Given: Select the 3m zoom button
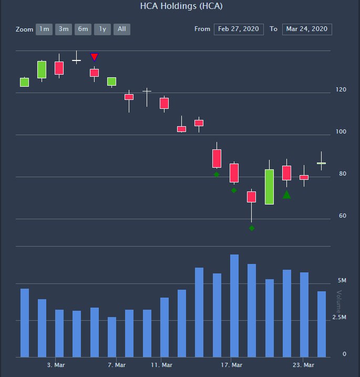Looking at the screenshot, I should (x=64, y=29).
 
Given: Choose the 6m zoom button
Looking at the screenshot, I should (x=83, y=29).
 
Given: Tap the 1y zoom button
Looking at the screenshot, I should (x=102, y=29).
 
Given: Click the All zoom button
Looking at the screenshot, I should (x=122, y=29).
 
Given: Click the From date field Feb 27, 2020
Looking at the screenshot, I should (x=239, y=29).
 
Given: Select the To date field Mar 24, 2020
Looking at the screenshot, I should (x=307, y=29).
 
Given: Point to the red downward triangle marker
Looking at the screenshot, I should (x=94, y=57).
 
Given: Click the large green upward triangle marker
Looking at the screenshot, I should (x=286, y=195).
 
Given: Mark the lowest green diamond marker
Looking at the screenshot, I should (x=252, y=228).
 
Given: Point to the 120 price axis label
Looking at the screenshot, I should (x=341, y=90).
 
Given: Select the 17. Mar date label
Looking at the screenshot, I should (x=232, y=365).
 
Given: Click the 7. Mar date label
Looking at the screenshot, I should (x=117, y=365).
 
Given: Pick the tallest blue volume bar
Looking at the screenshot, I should (x=234, y=305).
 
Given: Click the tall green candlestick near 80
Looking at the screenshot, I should (x=269, y=187).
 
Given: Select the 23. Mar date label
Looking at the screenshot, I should (x=303, y=365).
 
